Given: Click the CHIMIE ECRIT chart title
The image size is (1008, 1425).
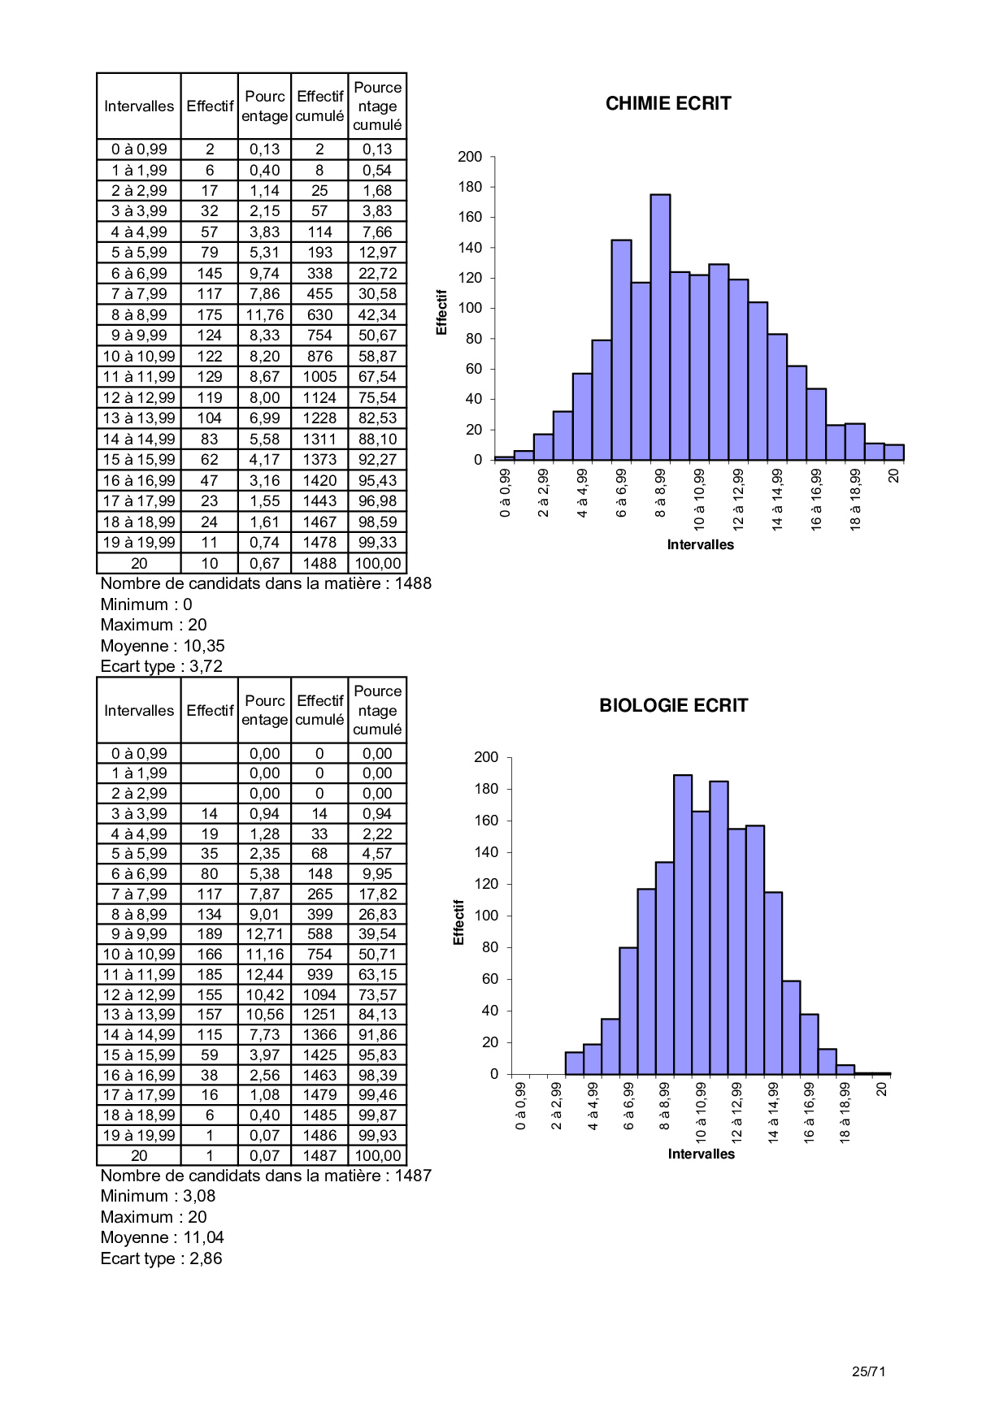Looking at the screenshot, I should pyautogui.click(x=668, y=103).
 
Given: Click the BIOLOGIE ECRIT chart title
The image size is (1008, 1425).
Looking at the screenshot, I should pyautogui.click(x=673, y=705).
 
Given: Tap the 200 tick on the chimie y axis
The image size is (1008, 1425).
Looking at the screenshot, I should pyautogui.click(x=470, y=157).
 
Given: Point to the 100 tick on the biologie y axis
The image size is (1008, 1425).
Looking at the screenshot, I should pyautogui.click(x=486, y=916).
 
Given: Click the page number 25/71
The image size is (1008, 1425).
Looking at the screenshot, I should pyautogui.click(x=868, y=1371).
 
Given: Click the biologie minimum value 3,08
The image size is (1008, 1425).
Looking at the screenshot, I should pyautogui.click(x=199, y=1196).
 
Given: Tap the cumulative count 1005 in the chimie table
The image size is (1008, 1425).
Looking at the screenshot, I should pyautogui.click(x=319, y=377).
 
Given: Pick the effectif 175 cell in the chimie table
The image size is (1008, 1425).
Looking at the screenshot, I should pyautogui.click(x=209, y=314).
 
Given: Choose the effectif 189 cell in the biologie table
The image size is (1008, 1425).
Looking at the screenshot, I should pyautogui.click(x=209, y=934).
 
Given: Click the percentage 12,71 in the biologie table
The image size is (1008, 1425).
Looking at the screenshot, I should pyautogui.click(x=264, y=934).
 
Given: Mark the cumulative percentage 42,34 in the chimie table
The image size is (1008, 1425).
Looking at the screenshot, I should pyautogui.click(x=377, y=314).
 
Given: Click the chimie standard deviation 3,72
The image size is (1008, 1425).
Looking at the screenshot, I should pyautogui.click(x=206, y=666).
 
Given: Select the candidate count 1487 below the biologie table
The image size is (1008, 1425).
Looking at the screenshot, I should pyautogui.click(x=413, y=1176).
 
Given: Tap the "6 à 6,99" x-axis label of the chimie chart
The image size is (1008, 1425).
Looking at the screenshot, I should pyautogui.click(x=622, y=492).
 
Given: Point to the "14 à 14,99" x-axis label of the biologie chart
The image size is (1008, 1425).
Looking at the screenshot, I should pyautogui.click(x=774, y=1111).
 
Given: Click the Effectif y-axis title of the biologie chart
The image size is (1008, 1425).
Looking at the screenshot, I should pyautogui.click(x=458, y=922).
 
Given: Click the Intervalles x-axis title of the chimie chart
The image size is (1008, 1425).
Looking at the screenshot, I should pyautogui.click(x=700, y=544).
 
